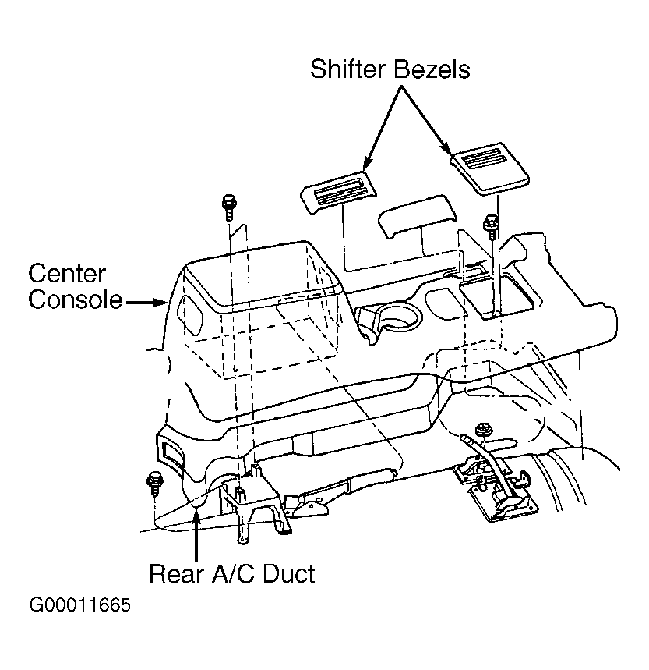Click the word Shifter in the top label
[x=347, y=69]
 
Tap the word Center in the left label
[x=67, y=274]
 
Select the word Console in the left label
[x=76, y=300]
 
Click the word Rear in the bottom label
[x=177, y=573]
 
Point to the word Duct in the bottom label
[x=289, y=573]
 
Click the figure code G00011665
[x=79, y=605]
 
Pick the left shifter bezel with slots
[x=338, y=193]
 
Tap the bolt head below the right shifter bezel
[x=491, y=224]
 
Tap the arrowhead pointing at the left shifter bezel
[x=367, y=164]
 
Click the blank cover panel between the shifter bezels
[x=417, y=216]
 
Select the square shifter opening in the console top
[x=497, y=297]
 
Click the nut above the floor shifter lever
[x=483, y=429]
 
